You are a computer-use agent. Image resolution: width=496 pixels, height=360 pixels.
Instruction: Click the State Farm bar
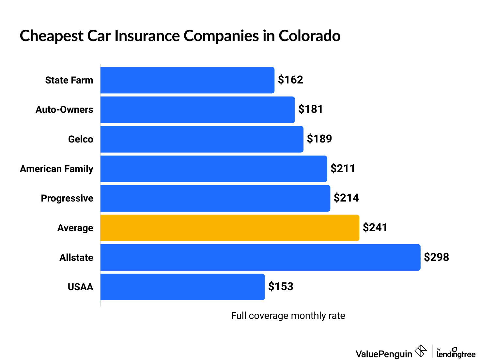(187, 80)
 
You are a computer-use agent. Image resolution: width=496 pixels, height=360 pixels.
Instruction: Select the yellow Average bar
(230, 228)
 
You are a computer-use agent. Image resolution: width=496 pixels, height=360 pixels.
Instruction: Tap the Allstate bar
(260, 257)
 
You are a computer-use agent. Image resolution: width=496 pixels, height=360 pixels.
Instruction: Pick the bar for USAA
(182, 287)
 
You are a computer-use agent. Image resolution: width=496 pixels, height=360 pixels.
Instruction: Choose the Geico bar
(202, 139)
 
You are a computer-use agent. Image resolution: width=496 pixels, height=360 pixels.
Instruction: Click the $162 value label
(290, 80)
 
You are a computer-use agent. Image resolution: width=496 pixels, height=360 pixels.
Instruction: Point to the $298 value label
(436, 257)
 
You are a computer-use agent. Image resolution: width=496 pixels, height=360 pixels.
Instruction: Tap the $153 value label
(281, 287)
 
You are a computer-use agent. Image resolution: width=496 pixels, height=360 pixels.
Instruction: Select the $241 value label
(375, 228)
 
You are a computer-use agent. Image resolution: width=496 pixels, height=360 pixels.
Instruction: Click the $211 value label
(343, 169)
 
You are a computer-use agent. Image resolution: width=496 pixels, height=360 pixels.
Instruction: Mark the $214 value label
(346, 198)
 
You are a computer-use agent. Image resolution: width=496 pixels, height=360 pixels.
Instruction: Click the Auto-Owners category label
(64, 110)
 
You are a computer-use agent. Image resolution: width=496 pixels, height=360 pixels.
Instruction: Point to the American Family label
(56, 169)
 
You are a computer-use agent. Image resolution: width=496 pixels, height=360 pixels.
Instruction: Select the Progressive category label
(67, 198)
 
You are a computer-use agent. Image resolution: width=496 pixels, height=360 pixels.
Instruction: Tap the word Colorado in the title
(309, 36)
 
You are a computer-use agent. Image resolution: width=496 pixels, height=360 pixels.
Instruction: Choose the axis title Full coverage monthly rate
(288, 316)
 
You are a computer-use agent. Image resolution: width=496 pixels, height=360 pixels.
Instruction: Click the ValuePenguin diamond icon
(421, 351)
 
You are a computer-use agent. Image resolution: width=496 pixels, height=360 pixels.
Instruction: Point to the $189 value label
(319, 139)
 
